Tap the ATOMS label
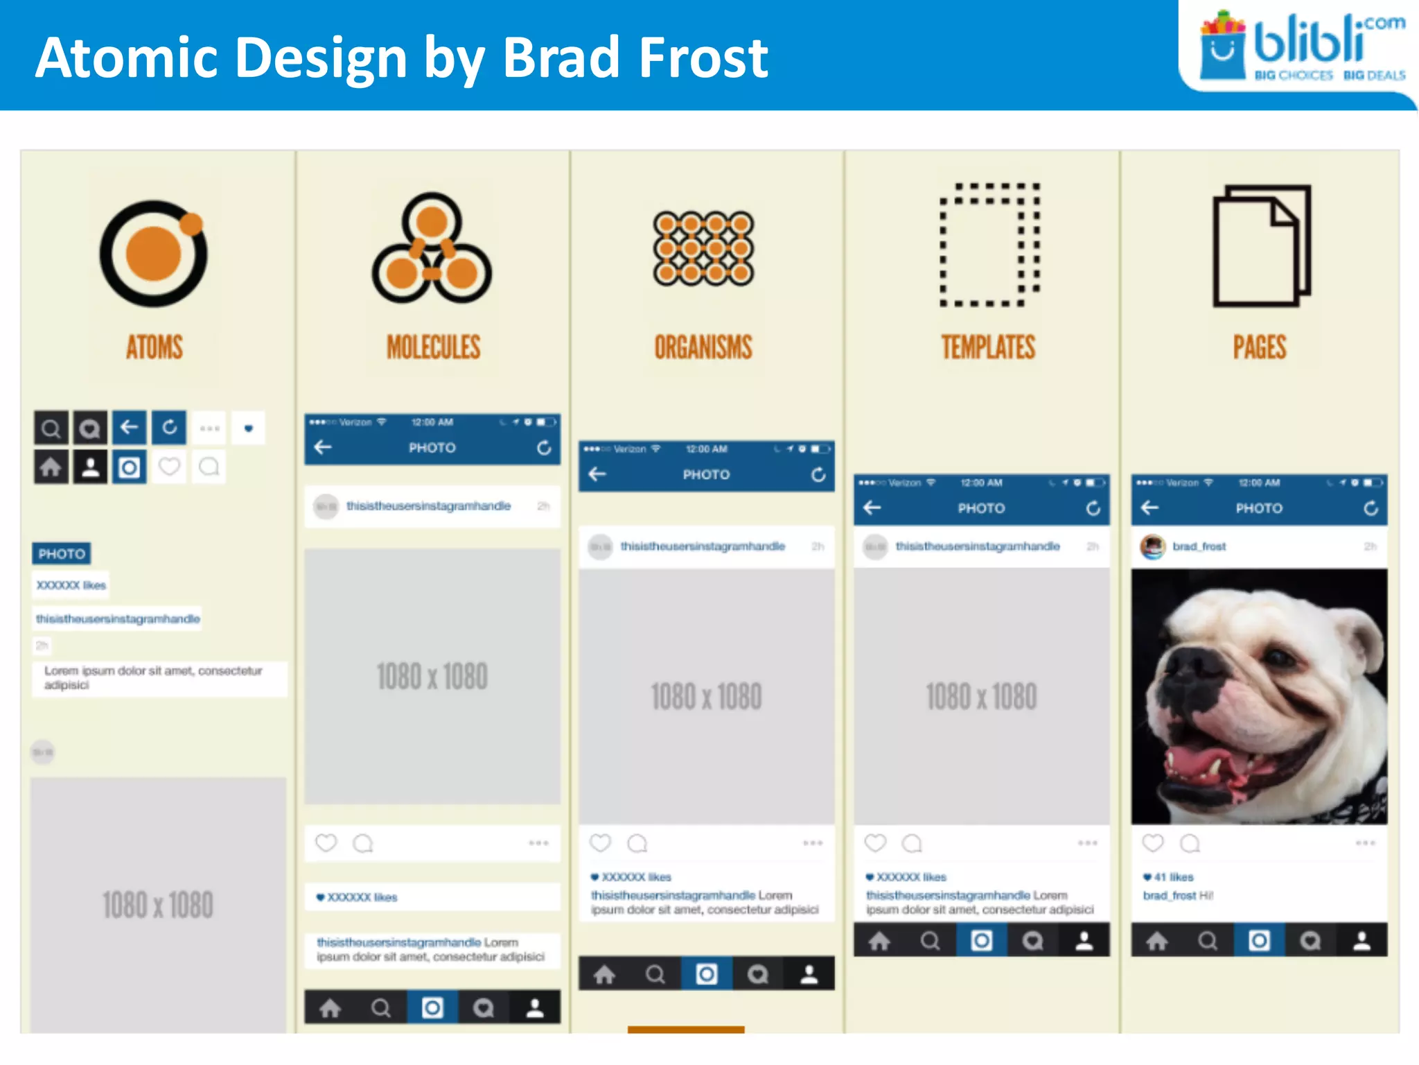tap(155, 347)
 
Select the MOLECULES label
tap(433, 347)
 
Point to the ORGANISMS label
tap(703, 347)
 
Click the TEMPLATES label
tap(988, 347)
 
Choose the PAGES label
tap(1259, 347)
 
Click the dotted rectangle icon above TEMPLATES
tap(989, 245)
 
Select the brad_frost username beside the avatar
tap(1199, 546)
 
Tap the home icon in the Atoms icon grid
tap(51, 467)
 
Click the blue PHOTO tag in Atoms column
tap(62, 553)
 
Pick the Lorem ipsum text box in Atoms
tap(159, 678)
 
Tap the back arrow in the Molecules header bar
tap(323, 447)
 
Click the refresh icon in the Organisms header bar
tap(818, 474)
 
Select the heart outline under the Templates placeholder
tap(875, 842)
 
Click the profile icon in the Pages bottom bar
tap(1361, 940)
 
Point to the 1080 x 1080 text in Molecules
tap(432, 676)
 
